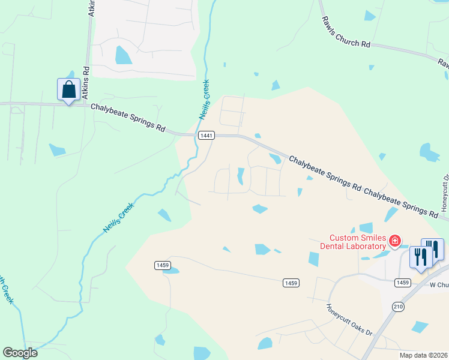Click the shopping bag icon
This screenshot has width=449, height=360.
[x=68, y=90]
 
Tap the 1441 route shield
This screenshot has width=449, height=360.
[x=206, y=136]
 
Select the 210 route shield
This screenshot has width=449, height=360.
[x=398, y=307]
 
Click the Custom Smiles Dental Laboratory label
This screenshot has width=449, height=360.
[x=357, y=242]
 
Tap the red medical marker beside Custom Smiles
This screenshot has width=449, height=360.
[x=395, y=242]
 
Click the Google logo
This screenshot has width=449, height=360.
[x=20, y=353]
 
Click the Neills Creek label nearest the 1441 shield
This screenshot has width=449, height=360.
[x=203, y=100]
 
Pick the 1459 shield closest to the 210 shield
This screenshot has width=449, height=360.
[x=403, y=283]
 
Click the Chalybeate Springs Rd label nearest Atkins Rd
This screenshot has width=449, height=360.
[x=128, y=117]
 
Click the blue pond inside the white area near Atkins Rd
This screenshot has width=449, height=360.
[x=123, y=55]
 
